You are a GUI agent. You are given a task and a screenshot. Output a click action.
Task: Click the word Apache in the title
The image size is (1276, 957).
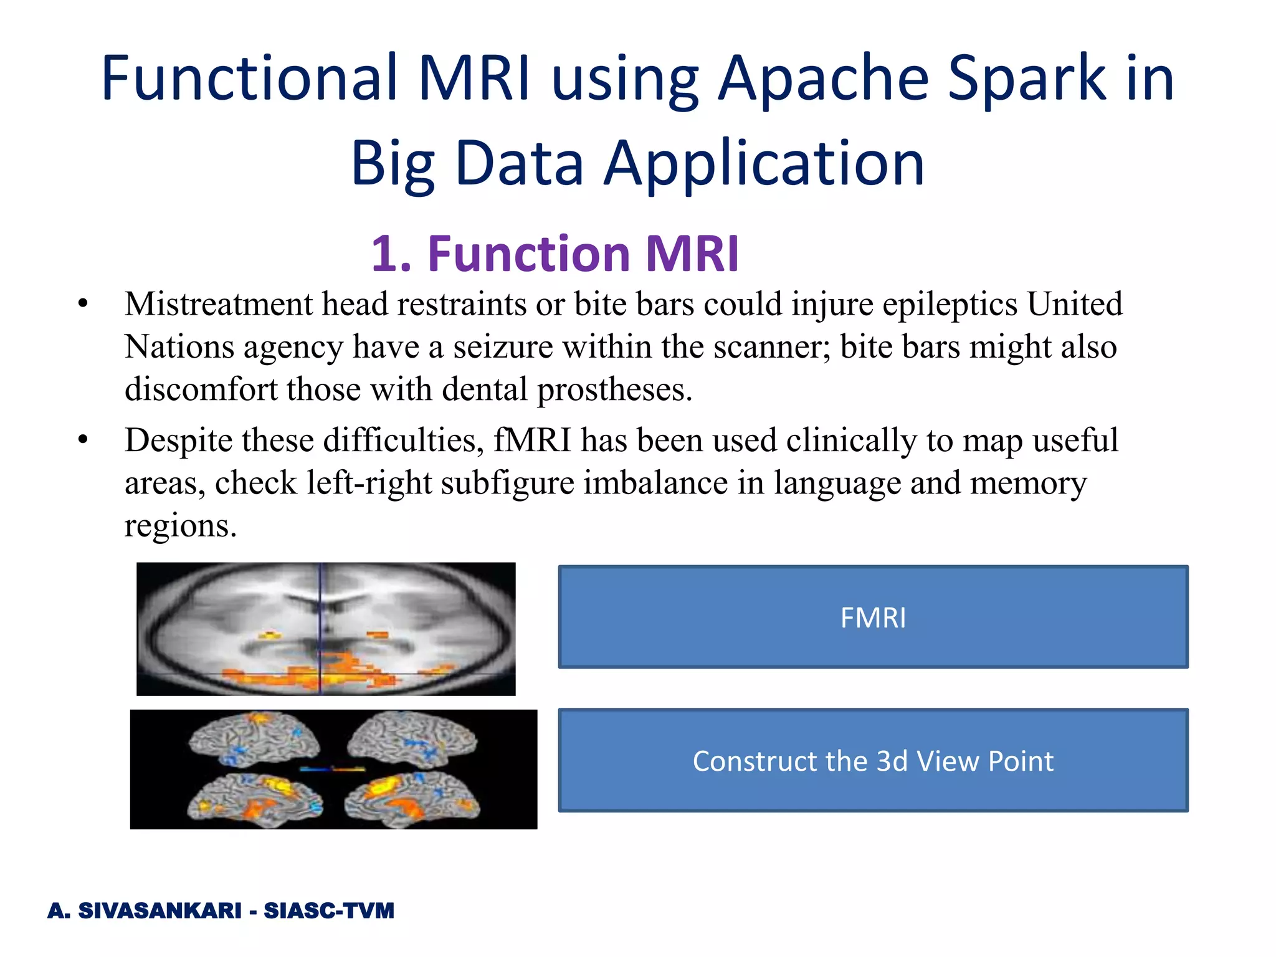click(824, 79)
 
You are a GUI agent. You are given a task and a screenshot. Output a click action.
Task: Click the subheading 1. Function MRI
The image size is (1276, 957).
click(555, 254)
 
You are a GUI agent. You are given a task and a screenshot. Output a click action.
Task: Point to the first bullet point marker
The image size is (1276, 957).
click(83, 305)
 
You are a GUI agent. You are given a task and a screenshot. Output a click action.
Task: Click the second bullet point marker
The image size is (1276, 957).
click(83, 441)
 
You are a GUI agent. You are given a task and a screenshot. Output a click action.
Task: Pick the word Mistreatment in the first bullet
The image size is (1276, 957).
click(218, 305)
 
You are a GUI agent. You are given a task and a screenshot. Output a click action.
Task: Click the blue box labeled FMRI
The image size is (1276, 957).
click(872, 617)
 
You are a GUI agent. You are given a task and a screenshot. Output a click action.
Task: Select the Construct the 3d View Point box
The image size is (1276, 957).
click(872, 761)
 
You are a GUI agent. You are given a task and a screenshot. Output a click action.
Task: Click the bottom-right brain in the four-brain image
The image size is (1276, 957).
click(411, 799)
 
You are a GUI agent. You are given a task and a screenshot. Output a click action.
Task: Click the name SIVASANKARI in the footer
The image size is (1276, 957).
click(159, 911)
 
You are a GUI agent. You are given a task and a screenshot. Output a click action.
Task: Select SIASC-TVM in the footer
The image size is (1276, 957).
click(329, 911)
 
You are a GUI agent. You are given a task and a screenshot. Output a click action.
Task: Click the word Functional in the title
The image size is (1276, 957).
click(249, 79)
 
